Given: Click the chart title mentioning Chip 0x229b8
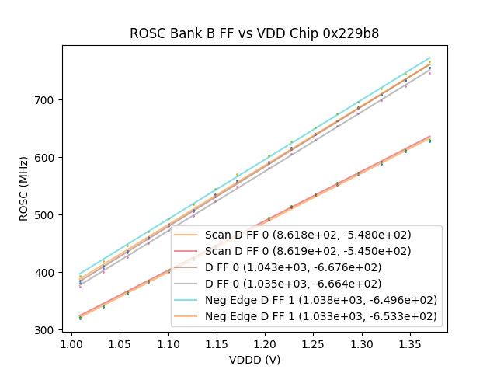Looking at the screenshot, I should pos(254,33).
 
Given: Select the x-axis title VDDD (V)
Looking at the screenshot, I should pos(254,360).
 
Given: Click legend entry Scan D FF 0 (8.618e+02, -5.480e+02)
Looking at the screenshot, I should pos(308,235).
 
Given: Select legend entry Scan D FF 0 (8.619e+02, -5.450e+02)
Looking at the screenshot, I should pos(308,251).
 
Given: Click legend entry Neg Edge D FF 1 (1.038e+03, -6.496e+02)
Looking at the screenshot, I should pos(320,300).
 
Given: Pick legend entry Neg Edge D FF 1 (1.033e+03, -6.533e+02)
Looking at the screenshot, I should pos(320,316).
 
